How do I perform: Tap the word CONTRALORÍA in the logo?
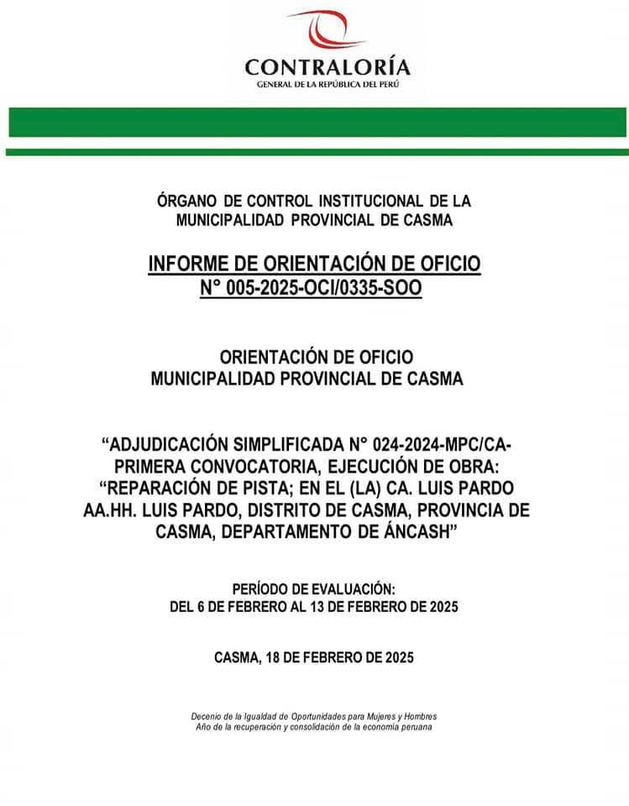pos(328,66)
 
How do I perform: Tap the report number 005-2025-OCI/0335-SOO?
pos(323,288)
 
